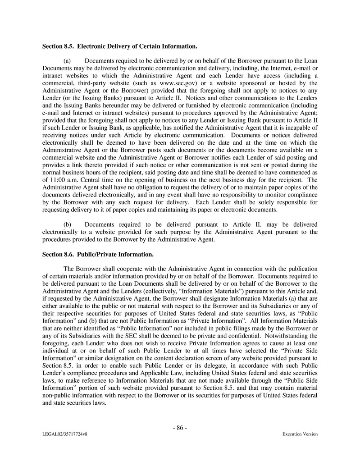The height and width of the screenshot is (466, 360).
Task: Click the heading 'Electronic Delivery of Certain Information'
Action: tap(137, 46)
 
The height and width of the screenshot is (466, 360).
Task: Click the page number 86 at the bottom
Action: tap(180, 428)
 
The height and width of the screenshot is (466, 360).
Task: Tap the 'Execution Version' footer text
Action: tap(300, 434)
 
